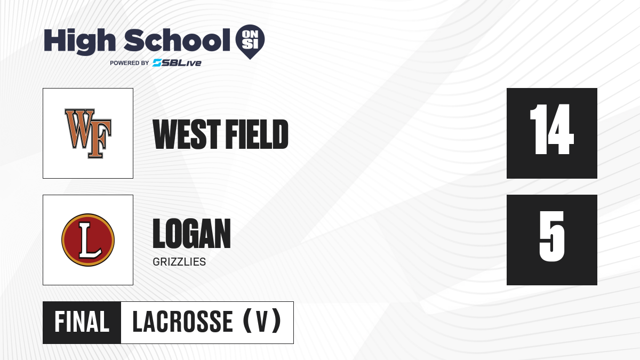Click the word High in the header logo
pyautogui.click(x=79, y=41)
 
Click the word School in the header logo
pyautogui.click(x=177, y=40)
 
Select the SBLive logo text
pyautogui.click(x=177, y=63)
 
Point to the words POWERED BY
pyautogui.click(x=129, y=63)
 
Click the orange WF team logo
pyautogui.click(x=88, y=133)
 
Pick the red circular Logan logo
pyautogui.click(x=88, y=240)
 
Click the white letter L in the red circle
pyautogui.click(x=90, y=240)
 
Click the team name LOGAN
pyautogui.click(x=191, y=234)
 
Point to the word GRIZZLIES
pyautogui.click(x=179, y=262)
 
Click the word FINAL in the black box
pyautogui.click(x=82, y=322)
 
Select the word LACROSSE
pyautogui.click(x=182, y=322)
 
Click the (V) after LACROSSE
pyautogui.click(x=262, y=321)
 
